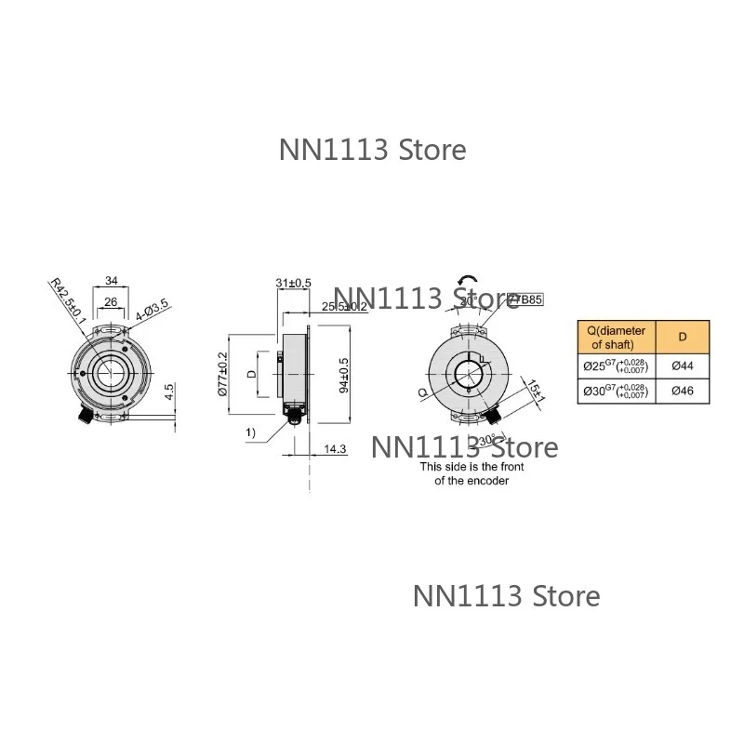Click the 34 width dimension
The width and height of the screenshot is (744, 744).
[x=112, y=280]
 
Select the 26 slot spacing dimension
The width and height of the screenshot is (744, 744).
[x=111, y=301]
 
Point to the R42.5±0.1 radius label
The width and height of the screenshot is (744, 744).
[x=66, y=300]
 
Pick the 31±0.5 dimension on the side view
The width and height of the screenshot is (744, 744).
[x=293, y=283]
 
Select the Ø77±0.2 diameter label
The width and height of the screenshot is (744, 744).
[x=222, y=373]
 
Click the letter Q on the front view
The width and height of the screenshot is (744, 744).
[x=424, y=392]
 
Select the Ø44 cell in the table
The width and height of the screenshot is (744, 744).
[x=682, y=365]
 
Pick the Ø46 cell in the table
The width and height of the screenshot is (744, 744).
[x=682, y=392]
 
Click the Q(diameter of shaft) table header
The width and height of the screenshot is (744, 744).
[x=616, y=334]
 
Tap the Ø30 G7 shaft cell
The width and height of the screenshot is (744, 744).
[x=616, y=392]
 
